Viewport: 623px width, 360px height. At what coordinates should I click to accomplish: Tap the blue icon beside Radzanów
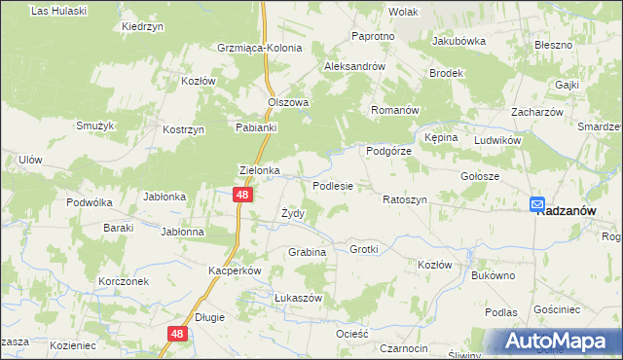[537, 204]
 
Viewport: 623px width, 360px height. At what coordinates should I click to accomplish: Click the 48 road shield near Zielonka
[244, 196]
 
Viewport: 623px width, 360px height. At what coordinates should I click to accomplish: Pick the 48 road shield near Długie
[176, 334]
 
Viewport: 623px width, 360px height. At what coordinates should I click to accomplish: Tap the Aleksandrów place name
[355, 67]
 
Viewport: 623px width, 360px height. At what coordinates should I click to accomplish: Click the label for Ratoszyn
[405, 199]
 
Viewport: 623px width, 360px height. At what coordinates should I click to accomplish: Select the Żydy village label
[293, 213]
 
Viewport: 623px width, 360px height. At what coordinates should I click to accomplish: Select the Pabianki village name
[258, 126]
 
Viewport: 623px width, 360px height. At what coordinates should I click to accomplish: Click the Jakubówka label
[458, 42]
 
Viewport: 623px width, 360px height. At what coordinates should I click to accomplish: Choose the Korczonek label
[123, 280]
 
